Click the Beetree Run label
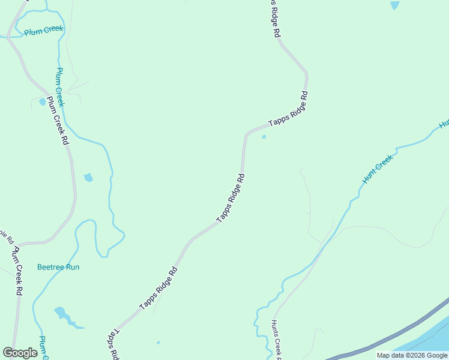(x=58, y=267)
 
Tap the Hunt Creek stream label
(x=377, y=169)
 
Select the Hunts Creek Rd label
(x=277, y=338)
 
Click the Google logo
(x=20, y=353)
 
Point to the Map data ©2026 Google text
(x=412, y=355)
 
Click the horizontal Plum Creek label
(x=44, y=30)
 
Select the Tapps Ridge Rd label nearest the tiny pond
(x=288, y=113)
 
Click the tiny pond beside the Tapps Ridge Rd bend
(x=264, y=137)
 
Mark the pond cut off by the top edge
(x=394, y=5)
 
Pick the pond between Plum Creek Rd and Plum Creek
(x=88, y=177)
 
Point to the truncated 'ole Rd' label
(x=5, y=236)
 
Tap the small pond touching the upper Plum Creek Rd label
(x=42, y=101)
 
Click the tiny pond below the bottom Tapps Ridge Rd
(x=158, y=343)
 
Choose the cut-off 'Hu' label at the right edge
(x=444, y=124)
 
